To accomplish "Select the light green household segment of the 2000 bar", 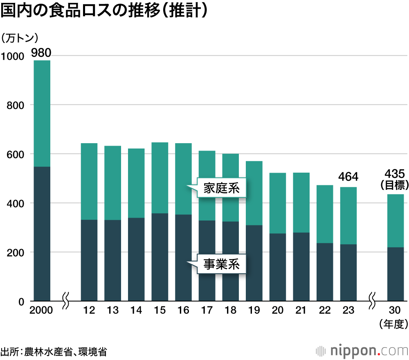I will [42, 113].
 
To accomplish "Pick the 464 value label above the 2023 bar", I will [348, 177].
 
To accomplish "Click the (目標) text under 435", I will [395, 185].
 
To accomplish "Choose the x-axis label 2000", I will [41, 310].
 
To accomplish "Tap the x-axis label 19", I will [254, 310].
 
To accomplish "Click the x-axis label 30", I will [396, 310].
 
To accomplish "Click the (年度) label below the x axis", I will [394, 324].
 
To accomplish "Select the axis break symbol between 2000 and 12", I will [65, 301].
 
